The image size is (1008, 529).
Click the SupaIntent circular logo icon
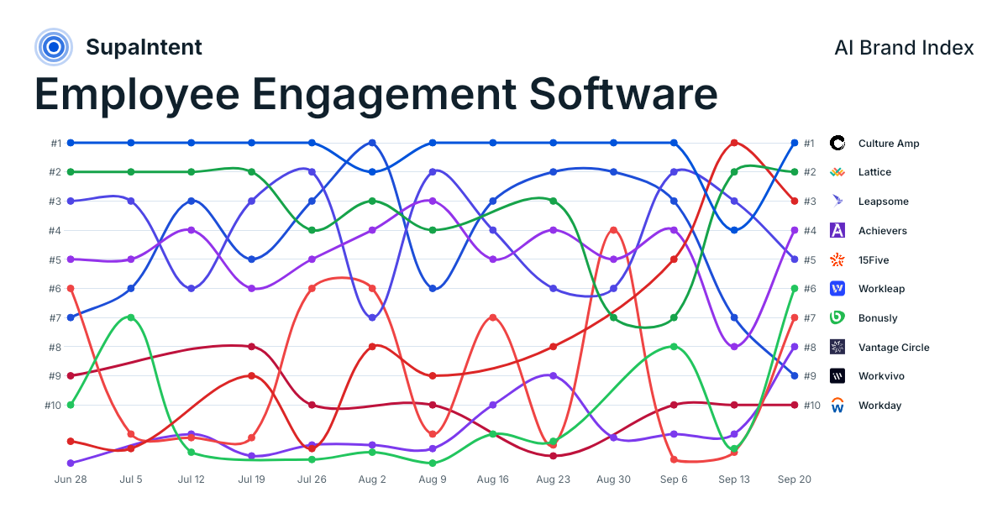[x=54, y=47]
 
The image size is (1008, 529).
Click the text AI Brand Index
[x=904, y=48]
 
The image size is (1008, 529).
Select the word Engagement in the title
[x=384, y=96]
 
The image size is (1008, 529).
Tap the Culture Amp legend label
[x=889, y=144]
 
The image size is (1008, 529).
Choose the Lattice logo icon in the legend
[x=837, y=172]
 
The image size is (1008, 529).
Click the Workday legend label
[x=879, y=406]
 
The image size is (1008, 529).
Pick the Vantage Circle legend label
[x=894, y=348]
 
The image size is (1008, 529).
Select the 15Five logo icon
[x=837, y=259]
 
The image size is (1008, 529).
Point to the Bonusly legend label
[x=878, y=318]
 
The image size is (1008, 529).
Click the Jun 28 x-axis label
[x=71, y=479]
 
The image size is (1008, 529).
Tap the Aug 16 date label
[x=493, y=479]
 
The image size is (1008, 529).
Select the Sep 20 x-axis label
[x=795, y=479]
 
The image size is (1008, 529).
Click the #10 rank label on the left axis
[x=53, y=406]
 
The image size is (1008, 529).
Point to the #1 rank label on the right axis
[x=809, y=144]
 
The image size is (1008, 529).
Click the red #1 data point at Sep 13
[x=734, y=143]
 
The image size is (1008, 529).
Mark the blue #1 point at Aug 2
[x=372, y=143]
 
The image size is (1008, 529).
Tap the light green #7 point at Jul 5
[x=131, y=317]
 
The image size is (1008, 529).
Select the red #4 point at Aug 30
[x=613, y=230]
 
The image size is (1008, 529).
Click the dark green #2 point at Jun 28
[x=71, y=172]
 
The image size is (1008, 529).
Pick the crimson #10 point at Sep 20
[x=795, y=405]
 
